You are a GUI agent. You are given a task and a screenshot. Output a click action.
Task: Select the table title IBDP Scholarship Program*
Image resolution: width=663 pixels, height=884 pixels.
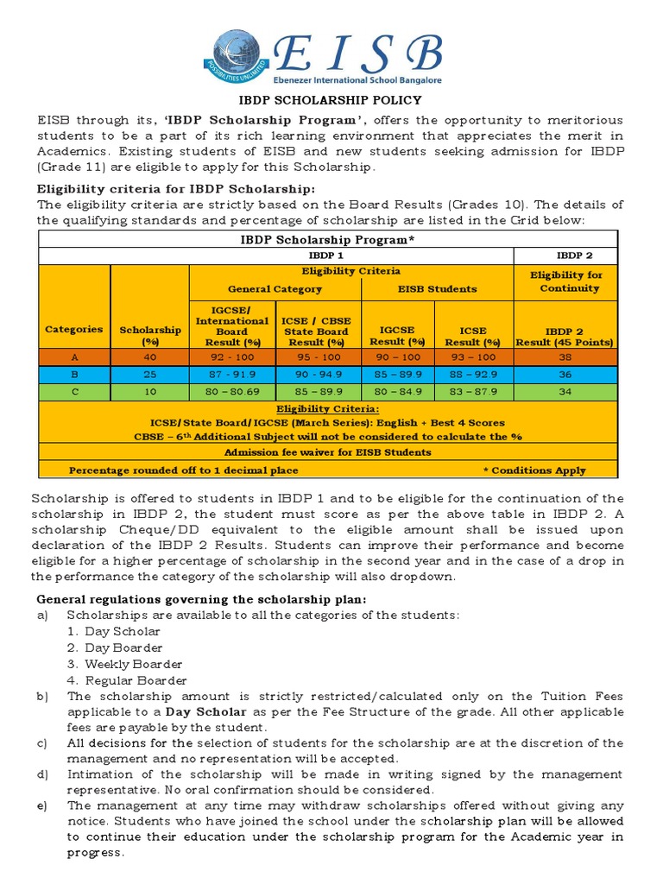coord(327,239)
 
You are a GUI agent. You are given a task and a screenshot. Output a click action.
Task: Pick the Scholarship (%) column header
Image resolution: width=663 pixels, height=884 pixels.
coord(150,335)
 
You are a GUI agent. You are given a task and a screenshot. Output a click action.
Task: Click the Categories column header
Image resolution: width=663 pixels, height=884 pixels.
coord(74,329)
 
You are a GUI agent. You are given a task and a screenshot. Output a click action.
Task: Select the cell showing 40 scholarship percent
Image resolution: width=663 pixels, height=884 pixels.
coord(150,357)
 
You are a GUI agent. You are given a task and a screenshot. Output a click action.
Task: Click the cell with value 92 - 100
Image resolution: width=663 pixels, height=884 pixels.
coord(232,357)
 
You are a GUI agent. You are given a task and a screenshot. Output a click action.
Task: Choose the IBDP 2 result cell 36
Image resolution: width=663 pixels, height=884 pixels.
coord(565,374)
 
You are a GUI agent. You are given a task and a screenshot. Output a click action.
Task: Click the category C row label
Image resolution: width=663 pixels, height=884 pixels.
coord(74,391)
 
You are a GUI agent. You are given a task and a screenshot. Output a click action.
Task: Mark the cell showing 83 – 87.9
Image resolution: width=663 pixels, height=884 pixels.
coord(474,391)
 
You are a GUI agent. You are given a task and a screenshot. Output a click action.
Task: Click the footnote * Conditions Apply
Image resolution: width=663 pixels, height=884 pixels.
coord(534,470)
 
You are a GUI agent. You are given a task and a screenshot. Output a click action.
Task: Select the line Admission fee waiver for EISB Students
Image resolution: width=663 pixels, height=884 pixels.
coord(327,452)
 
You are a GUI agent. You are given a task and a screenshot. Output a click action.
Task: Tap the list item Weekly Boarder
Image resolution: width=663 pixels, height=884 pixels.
coord(133,664)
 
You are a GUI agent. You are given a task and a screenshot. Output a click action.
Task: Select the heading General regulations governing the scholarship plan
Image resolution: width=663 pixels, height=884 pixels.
coord(200,599)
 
